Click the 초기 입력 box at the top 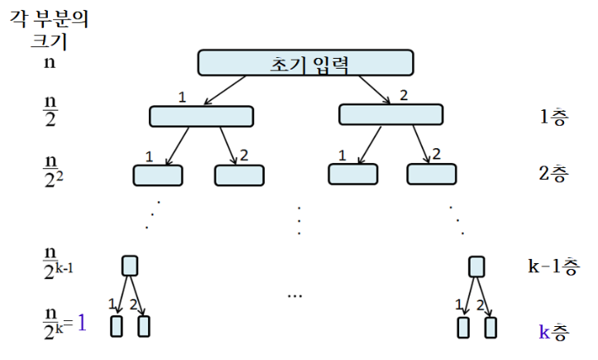click(x=305, y=62)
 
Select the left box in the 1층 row click(x=201, y=117)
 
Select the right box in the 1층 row click(x=390, y=114)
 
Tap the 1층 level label click(x=553, y=118)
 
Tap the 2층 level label click(x=553, y=174)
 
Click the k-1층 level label click(x=552, y=266)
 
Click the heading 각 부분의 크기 click(x=48, y=29)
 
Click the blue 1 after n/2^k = click(x=81, y=322)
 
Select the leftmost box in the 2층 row click(x=157, y=175)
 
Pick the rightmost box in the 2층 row click(x=431, y=174)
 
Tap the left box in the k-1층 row click(x=130, y=266)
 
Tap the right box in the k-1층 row click(x=476, y=266)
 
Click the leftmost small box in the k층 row click(x=116, y=327)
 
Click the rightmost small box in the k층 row click(x=491, y=327)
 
